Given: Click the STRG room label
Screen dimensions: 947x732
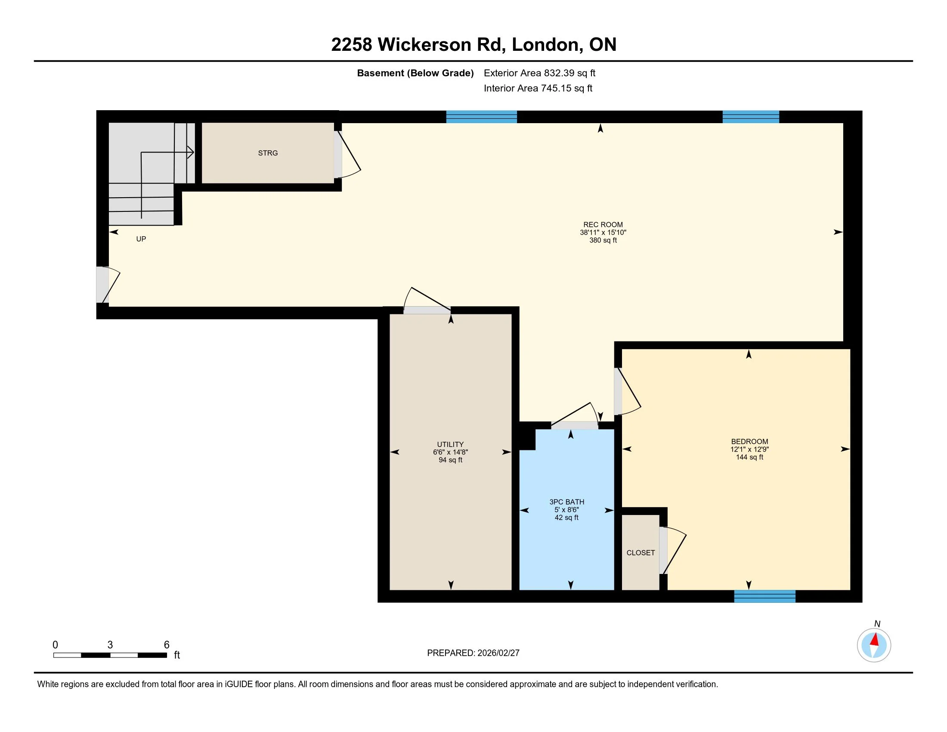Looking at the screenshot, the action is (x=268, y=153).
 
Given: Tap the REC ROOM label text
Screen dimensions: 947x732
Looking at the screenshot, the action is (x=603, y=225).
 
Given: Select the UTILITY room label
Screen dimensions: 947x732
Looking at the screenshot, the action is (x=450, y=444).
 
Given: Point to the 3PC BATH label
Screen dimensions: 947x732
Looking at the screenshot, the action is (x=567, y=502).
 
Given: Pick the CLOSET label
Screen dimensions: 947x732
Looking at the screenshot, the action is (x=641, y=553).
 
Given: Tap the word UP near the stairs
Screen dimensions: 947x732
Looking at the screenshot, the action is (x=141, y=239).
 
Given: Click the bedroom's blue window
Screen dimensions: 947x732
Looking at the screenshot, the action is (x=764, y=596).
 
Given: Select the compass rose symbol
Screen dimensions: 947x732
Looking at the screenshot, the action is (x=874, y=645).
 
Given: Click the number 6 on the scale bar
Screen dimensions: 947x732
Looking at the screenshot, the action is (x=167, y=645).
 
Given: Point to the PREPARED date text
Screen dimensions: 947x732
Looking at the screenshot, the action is (x=473, y=653).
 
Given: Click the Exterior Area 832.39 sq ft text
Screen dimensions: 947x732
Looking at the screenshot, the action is (x=539, y=73).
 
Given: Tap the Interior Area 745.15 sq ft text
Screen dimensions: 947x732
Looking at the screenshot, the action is (x=538, y=88).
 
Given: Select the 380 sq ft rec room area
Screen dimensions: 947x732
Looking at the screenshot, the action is (x=603, y=240).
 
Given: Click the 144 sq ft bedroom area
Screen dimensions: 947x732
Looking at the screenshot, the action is (x=749, y=457).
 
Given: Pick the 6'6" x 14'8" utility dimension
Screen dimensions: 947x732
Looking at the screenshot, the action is (x=450, y=452).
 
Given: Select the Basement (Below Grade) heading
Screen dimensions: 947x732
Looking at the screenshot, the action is (x=415, y=73).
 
